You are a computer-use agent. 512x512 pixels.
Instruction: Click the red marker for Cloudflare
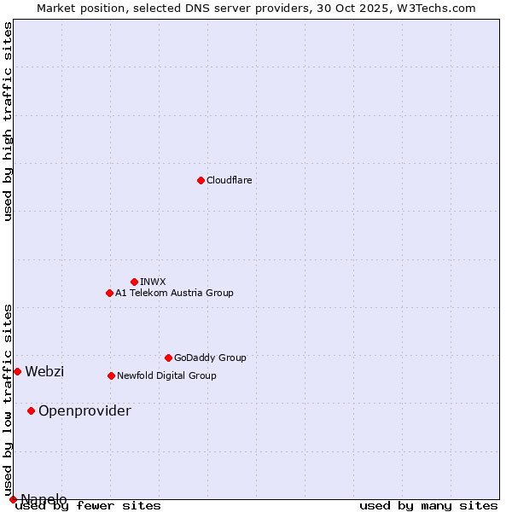pyautogui.click(x=201, y=180)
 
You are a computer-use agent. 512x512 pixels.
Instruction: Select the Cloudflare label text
pyautogui.click(x=229, y=180)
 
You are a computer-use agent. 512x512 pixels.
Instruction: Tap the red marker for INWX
pyautogui.click(x=134, y=282)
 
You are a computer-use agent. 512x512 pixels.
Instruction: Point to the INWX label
pyautogui.click(x=153, y=282)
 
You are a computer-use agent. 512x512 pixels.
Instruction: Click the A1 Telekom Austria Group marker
pyautogui.click(x=109, y=293)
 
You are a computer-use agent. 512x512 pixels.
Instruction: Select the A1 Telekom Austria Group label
pyautogui.click(x=174, y=293)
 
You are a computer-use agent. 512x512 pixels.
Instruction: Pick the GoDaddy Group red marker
pyautogui.click(x=168, y=358)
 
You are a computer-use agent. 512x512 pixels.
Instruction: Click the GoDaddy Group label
pyautogui.click(x=210, y=358)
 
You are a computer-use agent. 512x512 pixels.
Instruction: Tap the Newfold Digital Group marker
pyautogui.click(x=111, y=375)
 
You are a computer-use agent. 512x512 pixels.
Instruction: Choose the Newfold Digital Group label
pyautogui.click(x=166, y=375)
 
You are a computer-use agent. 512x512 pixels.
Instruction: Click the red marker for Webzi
pyautogui.click(x=17, y=371)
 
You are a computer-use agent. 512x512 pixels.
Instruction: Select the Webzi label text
pyautogui.click(x=44, y=371)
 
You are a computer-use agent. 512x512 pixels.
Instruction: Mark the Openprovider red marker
pyautogui.click(x=31, y=410)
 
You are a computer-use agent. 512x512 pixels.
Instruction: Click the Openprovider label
pyautogui.click(x=84, y=411)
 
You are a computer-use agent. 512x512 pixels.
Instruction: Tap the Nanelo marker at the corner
pyautogui.click(x=13, y=499)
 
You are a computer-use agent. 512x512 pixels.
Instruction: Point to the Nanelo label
pyautogui.click(x=44, y=499)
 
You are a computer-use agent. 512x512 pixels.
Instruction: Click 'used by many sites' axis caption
pyautogui.click(x=428, y=506)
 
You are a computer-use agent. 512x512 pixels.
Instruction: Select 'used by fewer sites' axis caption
pyautogui.click(x=89, y=506)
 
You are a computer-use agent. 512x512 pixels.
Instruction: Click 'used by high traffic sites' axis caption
pyautogui.click(x=9, y=121)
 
